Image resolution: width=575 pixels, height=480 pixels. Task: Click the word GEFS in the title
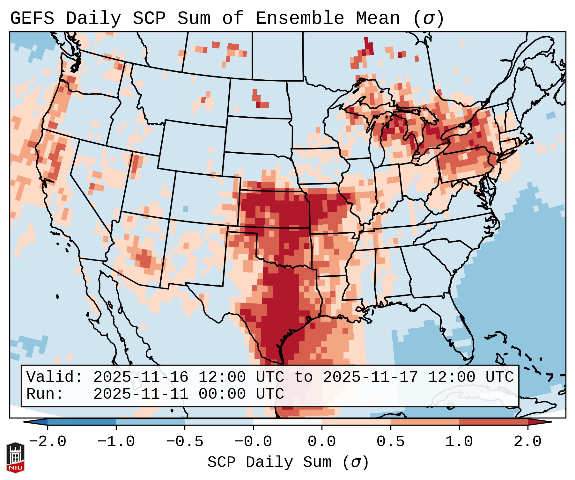pyautogui.click(x=32, y=18)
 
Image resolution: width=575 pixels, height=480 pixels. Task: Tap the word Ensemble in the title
pyautogui.click(x=299, y=18)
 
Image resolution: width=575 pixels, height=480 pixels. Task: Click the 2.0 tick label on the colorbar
pyautogui.click(x=527, y=442)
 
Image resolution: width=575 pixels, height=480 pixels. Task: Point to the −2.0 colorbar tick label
pyautogui.click(x=48, y=442)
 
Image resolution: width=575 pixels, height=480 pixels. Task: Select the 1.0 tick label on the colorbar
pyautogui.click(x=459, y=442)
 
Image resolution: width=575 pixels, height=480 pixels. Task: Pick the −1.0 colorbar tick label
pyautogui.click(x=116, y=442)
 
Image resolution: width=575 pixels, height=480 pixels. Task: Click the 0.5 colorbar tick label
pyautogui.click(x=390, y=442)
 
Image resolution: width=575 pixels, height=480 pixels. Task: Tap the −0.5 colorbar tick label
pyautogui.click(x=185, y=442)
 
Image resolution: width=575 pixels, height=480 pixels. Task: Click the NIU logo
pyautogui.click(x=15, y=458)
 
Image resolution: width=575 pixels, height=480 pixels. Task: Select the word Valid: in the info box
pyautogui.click(x=55, y=377)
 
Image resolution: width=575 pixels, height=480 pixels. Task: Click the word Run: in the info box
pyautogui.click(x=45, y=394)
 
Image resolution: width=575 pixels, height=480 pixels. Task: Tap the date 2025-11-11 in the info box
pyautogui.click(x=141, y=394)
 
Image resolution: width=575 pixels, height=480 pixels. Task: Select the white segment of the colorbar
pyautogui.click(x=287, y=422)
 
